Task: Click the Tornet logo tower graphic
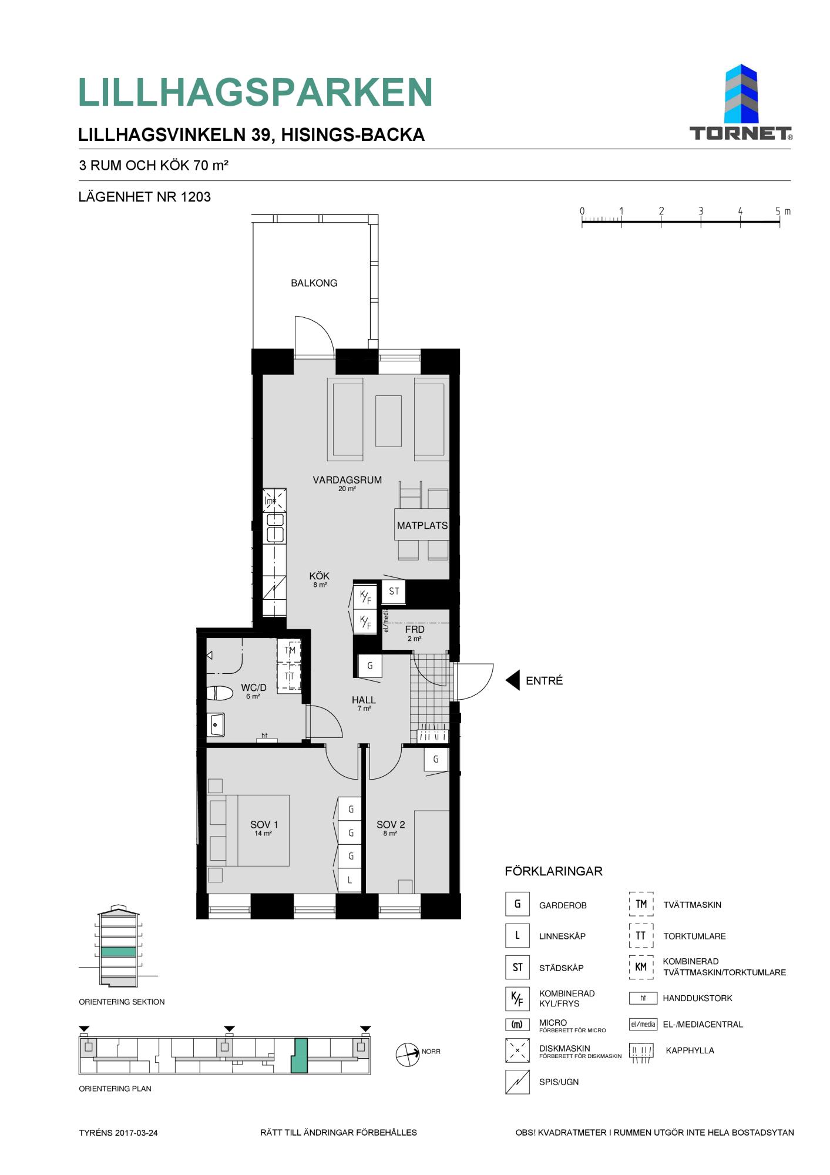(x=741, y=94)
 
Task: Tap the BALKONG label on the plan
(x=314, y=283)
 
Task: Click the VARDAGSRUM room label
(x=347, y=480)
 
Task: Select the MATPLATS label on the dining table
(x=422, y=525)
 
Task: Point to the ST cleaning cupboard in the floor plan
(x=394, y=591)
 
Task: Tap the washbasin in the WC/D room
(x=216, y=725)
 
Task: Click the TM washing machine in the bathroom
(x=290, y=650)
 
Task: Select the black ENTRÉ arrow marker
(x=513, y=680)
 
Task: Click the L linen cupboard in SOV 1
(x=350, y=879)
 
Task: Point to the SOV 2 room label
(x=391, y=825)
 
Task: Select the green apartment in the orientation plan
(x=300, y=1055)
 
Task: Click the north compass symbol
(x=408, y=1055)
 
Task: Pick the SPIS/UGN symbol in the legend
(x=517, y=1082)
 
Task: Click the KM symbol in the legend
(x=641, y=967)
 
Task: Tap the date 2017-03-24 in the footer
(x=137, y=1133)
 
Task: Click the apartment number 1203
(x=196, y=197)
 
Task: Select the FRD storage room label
(x=415, y=629)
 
